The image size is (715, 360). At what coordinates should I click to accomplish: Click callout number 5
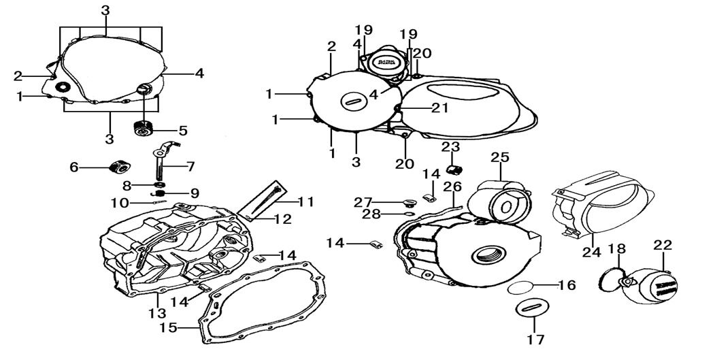[x=184, y=129]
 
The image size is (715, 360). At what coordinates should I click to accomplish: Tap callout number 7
[x=190, y=165]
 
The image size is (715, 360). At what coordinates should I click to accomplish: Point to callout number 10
[x=119, y=202]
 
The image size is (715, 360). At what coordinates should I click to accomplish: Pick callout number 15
[x=169, y=328]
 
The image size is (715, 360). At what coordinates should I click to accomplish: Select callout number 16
[x=567, y=285]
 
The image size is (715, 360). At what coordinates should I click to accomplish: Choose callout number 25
[x=500, y=157]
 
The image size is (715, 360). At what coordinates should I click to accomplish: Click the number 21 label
[x=439, y=107]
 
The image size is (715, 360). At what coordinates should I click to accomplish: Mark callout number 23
[x=450, y=147]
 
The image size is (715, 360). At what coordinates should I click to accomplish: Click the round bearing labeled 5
[x=144, y=127]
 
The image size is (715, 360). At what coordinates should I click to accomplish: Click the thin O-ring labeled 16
[x=520, y=287]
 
